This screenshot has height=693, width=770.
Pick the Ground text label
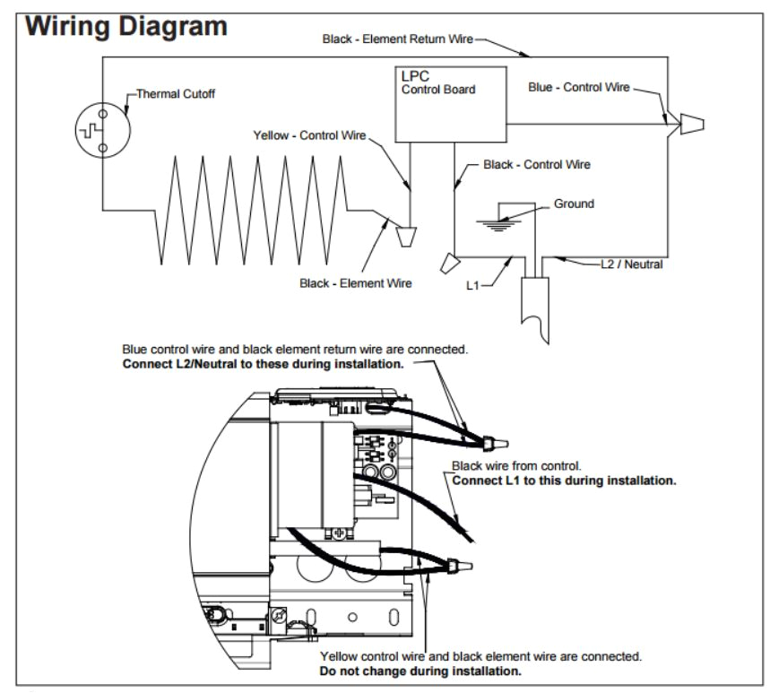point(574,204)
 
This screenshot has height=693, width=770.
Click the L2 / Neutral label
point(631,264)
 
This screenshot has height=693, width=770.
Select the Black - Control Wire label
point(536,165)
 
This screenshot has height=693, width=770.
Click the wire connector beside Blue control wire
point(689,125)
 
